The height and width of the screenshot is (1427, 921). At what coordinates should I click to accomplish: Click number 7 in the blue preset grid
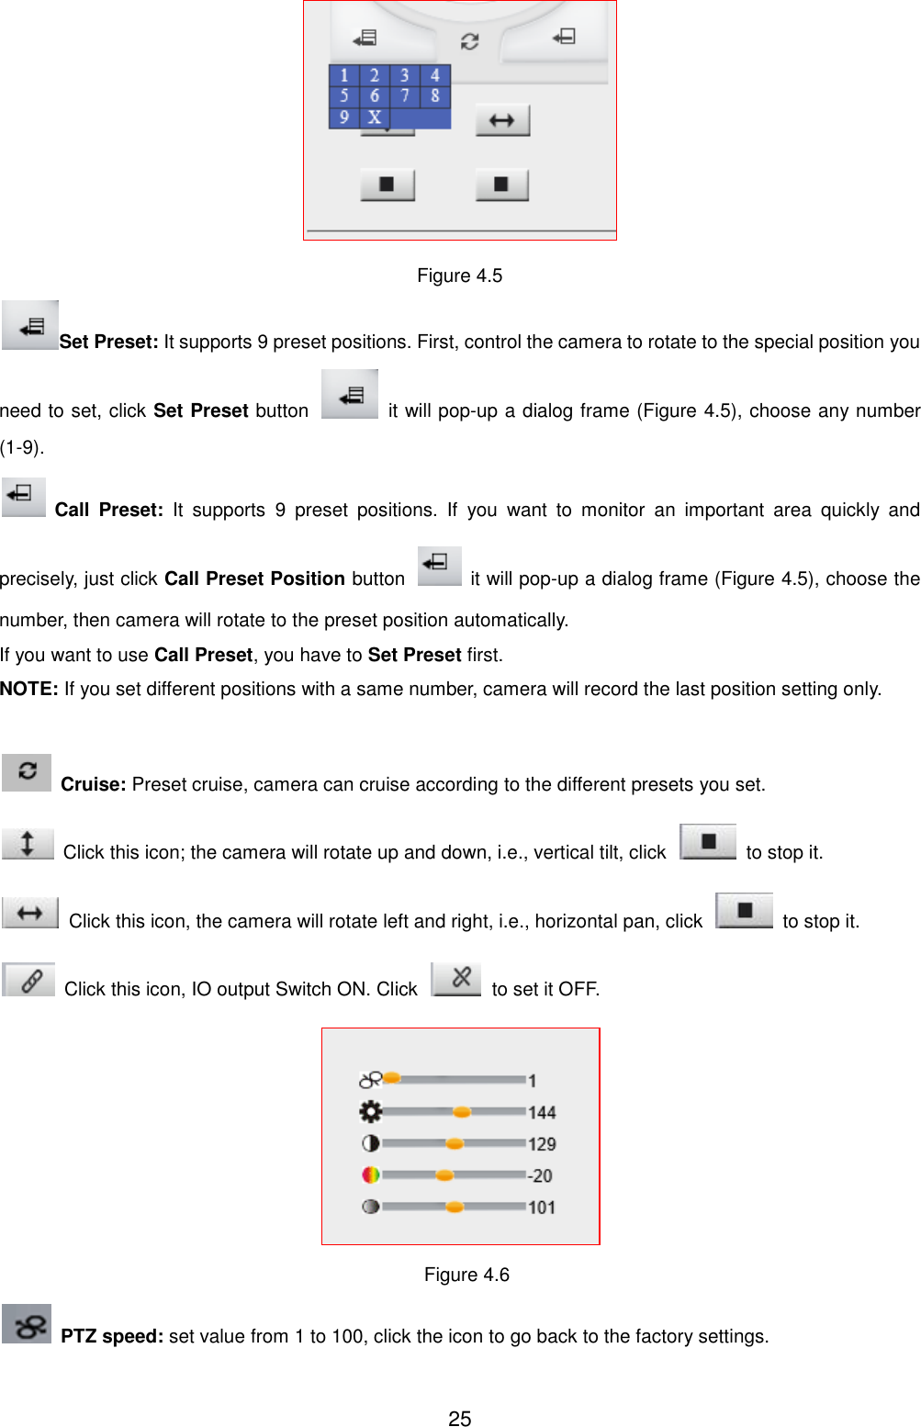404,96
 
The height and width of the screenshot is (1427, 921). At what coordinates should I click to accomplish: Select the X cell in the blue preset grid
375,118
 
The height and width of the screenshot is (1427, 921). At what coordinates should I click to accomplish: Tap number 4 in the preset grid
435,75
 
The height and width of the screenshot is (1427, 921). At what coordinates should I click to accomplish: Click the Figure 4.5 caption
459,275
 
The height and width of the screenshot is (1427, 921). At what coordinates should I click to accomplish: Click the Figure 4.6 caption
466,1275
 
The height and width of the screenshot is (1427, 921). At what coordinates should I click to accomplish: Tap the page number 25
460,1419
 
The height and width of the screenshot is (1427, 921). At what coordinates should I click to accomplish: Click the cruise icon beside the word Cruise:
27,771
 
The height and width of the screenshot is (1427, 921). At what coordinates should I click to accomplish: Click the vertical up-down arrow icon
28,843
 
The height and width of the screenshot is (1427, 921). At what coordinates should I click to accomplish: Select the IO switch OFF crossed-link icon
456,979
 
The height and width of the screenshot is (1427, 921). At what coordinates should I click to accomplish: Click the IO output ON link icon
29,981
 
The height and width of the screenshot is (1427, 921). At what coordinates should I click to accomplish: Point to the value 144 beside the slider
542,1113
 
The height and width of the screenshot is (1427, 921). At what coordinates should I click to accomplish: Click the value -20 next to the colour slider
540,1175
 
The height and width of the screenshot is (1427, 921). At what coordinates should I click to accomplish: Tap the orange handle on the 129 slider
454,1144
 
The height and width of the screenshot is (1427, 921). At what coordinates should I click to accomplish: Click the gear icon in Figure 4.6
371,1112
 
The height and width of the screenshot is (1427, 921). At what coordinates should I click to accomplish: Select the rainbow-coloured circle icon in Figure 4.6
371,1174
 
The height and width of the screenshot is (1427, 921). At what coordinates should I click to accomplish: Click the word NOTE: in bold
29,689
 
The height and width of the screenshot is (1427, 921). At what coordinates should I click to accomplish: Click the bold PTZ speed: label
112,1336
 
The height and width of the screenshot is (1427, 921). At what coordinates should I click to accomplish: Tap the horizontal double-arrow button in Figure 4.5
502,120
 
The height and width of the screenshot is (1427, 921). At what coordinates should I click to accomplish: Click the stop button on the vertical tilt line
708,841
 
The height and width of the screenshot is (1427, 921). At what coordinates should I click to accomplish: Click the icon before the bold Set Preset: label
30,325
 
